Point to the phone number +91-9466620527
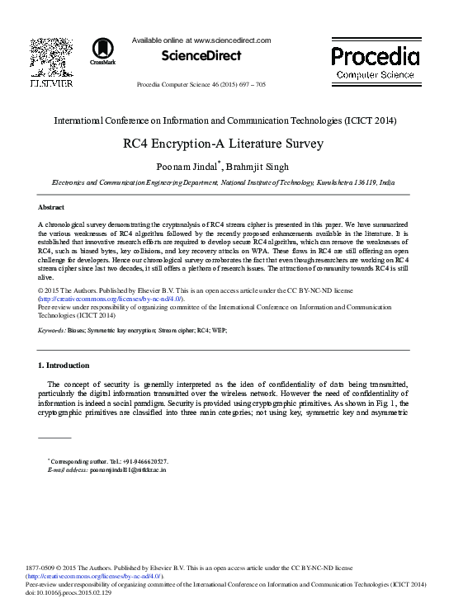(x=139, y=460)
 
